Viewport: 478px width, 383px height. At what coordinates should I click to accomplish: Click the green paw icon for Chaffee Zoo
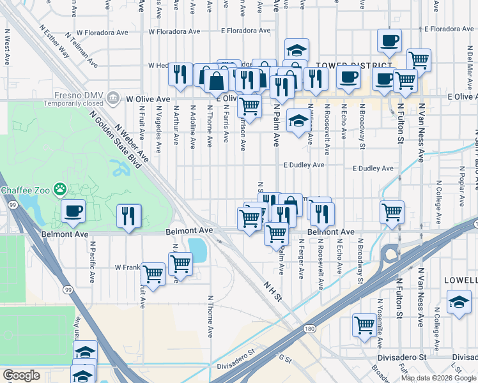click(59, 188)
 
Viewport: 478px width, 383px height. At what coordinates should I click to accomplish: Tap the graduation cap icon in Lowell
click(459, 302)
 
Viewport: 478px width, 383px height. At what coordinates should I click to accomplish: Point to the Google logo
click(21, 375)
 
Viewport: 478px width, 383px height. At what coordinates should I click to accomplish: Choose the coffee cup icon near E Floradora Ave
click(389, 41)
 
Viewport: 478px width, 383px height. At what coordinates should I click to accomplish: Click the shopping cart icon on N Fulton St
click(392, 212)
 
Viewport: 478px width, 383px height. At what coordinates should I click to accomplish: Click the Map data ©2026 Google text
click(438, 378)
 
